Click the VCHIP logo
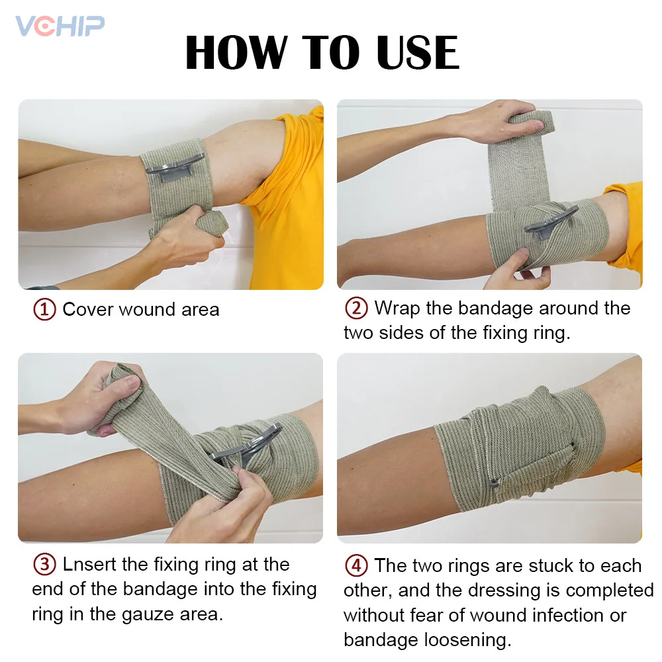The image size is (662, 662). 60,26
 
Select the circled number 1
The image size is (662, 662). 44,310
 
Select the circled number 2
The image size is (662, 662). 356,308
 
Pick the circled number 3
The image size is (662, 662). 44,565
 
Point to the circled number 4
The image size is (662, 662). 356,566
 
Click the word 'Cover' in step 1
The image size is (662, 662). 88,310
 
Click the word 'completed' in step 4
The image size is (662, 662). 610,590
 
